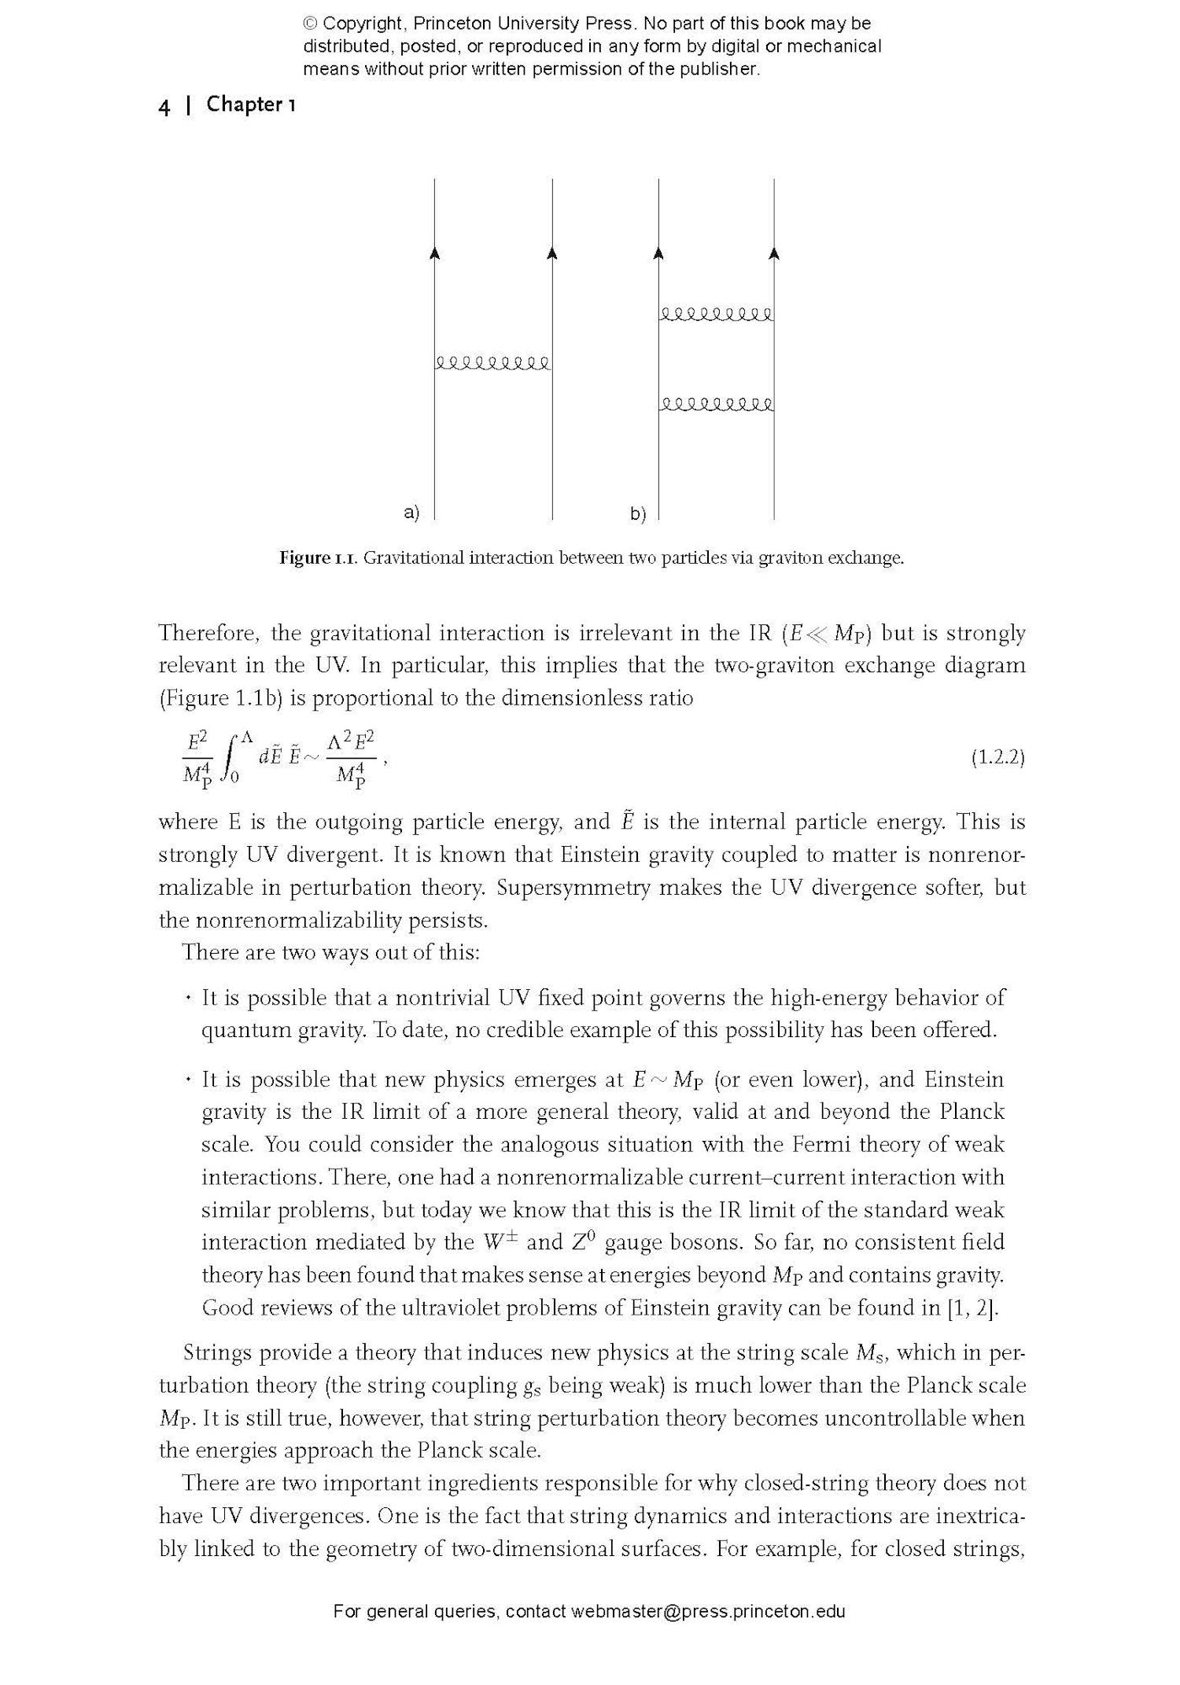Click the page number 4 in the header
pos(164,107)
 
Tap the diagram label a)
pos(411,513)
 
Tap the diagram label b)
pos(637,514)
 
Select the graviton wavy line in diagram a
pos(493,363)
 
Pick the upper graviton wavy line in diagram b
pos(716,315)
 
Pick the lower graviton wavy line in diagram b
pos(716,405)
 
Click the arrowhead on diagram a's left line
pos(435,252)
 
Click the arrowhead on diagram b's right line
pos(774,252)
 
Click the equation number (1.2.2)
pos(997,757)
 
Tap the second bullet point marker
pos(188,1080)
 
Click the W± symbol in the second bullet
pos(499,1242)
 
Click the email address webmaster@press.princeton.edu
pos(708,1611)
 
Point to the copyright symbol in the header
pos(310,24)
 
